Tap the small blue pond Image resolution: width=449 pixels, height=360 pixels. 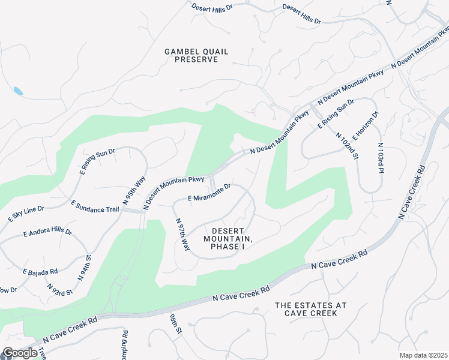(x=18, y=92)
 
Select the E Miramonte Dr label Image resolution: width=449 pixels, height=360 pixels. (x=209, y=193)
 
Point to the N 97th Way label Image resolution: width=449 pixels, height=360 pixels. (x=182, y=235)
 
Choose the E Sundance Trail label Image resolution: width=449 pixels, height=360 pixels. (x=96, y=206)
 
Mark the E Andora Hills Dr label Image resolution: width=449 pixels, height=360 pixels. (x=47, y=232)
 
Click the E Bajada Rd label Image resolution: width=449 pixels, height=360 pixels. (x=40, y=272)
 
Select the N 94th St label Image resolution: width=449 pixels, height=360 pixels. (x=84, y=268)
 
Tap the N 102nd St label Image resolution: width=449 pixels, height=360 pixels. (x=347, y=146)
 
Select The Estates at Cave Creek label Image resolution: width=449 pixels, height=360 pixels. (x=310, y=309)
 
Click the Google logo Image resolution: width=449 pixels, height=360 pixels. (x=20, y=353)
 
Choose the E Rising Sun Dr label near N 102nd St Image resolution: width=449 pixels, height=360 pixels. (x=336, y=113)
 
